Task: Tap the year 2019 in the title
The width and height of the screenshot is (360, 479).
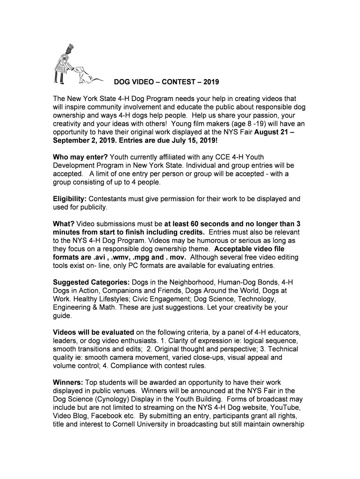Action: tap(209, 82)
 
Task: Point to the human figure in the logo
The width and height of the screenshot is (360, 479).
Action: tap(64, 63)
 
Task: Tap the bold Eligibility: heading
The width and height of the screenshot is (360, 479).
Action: tap(69, 199)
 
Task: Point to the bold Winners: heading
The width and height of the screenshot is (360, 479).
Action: tap(68, 383)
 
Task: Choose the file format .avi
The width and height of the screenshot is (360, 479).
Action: tap(95, 258)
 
